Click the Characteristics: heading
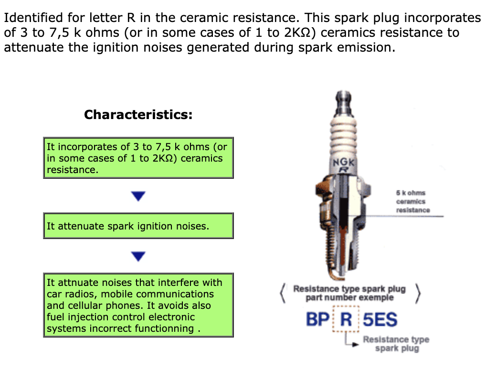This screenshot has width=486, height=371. [x=138, y=115]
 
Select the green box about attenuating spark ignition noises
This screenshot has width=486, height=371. [x=138, y=226]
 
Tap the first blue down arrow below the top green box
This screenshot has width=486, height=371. [x=138, y=196]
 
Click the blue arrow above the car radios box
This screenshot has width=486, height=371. [x=138, y=256]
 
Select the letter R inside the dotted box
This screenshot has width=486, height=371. [x=346, y=319]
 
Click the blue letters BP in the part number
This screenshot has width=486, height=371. [x=317, y=319]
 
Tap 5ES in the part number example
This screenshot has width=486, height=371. [x=380, y=319]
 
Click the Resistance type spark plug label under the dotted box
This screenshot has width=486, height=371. [x=396, y=344]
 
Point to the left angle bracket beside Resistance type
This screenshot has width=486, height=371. [x=282, y=293]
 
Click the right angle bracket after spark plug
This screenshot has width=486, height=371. [x=418, y=293]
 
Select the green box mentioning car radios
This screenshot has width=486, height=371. [x=138, y=305]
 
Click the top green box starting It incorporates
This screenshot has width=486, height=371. [x=138, y=158]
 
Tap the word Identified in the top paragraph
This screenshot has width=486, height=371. [x=33, y=18]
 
